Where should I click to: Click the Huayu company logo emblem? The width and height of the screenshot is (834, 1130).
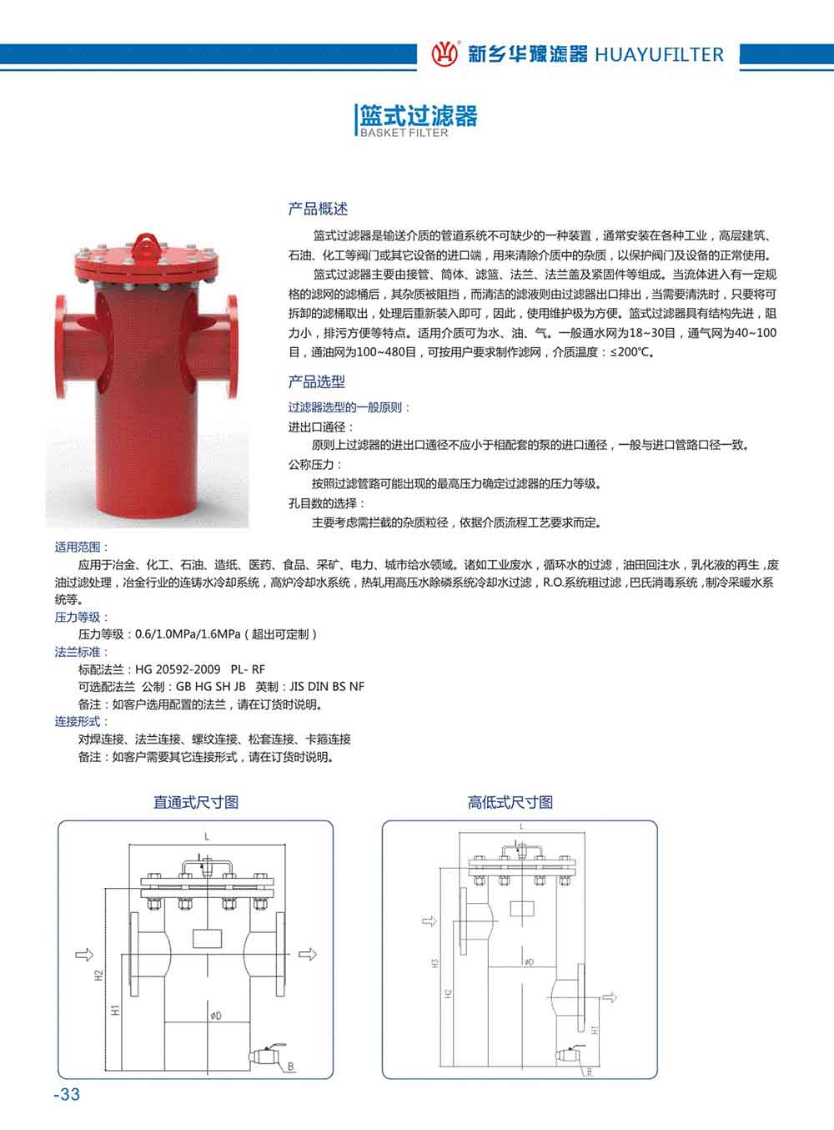coord(445,54)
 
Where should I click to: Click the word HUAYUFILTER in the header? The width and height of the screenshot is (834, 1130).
coord(659,55)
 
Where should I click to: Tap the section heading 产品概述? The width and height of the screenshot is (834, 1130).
coord(318,209)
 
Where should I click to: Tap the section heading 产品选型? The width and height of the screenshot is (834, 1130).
coord(317,381)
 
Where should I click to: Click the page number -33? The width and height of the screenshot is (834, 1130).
coord(67,1094)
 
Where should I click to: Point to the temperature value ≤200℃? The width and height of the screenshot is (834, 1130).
coord(631,352)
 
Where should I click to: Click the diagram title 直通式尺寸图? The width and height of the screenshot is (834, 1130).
coord(196,802)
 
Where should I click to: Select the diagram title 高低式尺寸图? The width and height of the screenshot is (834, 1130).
coord(510,802)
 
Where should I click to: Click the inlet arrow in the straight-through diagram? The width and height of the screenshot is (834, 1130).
coord(83,953)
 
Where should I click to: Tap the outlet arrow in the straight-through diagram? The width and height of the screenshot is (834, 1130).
coord(308,953)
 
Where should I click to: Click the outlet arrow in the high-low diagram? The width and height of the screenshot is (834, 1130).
coord(611,996)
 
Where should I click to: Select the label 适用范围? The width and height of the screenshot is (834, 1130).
coord(78,547)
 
